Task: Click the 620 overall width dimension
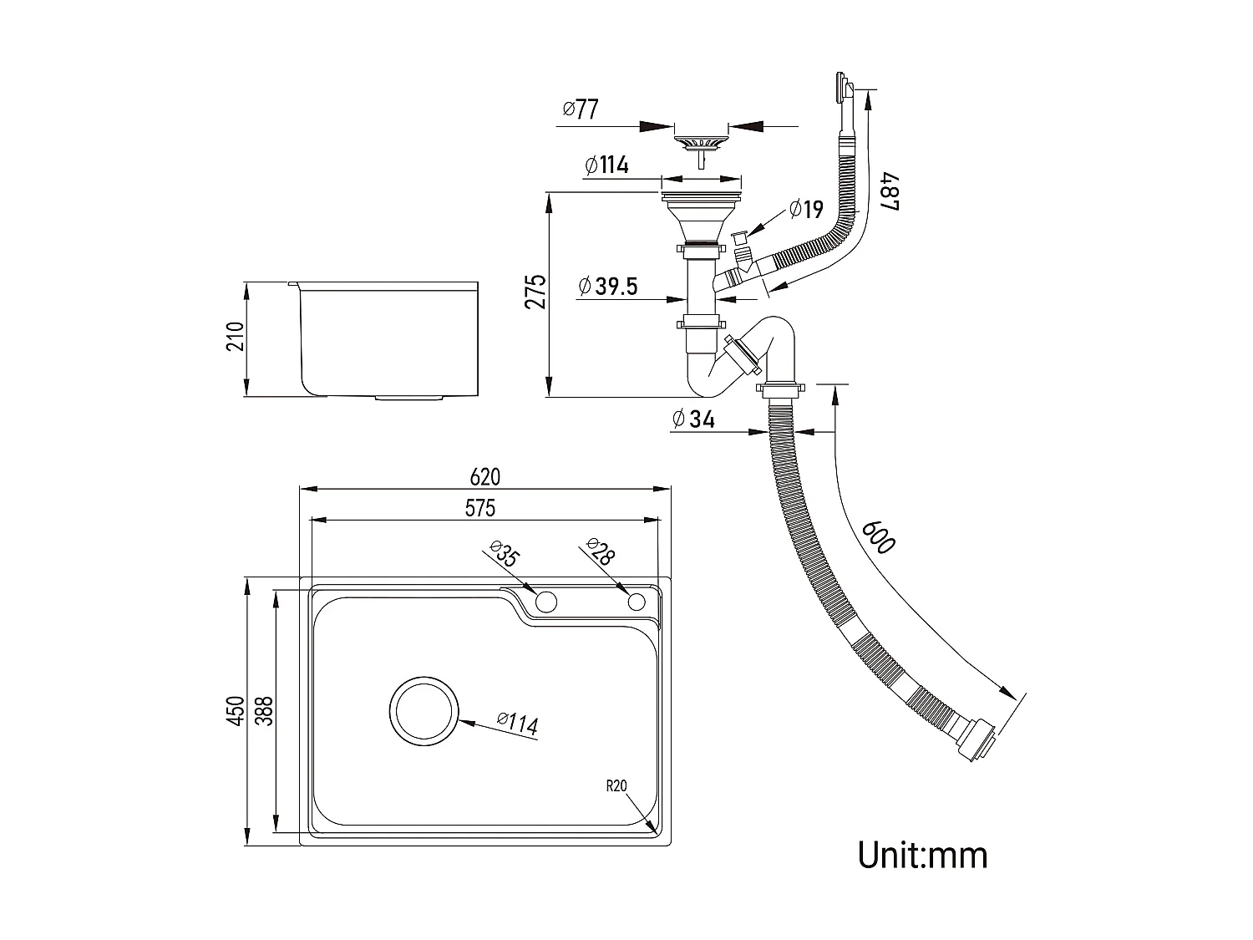(x=484, y=477)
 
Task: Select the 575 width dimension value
(x=480, y=508)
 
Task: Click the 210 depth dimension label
(x=236, y=337)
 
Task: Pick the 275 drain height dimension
(x=535, y=292)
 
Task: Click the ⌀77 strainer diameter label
(x=581, y=109)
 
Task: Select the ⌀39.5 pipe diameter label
(x=607, y=287)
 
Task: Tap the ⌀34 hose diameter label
(x=692, y=419)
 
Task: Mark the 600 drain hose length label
(x=877, y=536)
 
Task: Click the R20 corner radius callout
(x=616, y=785)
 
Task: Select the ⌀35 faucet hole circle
(x=545, y=601)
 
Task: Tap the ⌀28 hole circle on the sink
(x=637, y=602)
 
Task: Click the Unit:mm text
(x=922, y=855)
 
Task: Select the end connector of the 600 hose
(x=979, y=741)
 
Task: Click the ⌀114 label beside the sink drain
(x=517, y=724)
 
